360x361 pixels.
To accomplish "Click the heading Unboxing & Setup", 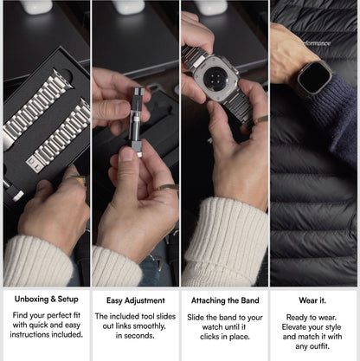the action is click(x=47, y=299).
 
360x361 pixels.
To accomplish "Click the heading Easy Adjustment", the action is click(x=136, y=300).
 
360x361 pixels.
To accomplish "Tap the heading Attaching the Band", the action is click(x=225, y=300).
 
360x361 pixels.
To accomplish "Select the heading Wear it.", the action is click(x=312, y=300).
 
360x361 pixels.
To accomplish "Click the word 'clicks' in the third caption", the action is click(x=209, y=337).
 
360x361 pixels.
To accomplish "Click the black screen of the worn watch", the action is click(x=314, y=78).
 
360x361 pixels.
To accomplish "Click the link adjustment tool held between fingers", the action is click(x=136, y=122).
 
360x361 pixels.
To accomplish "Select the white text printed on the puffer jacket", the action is click(x=317, y=43).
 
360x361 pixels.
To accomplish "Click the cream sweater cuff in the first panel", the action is click(x=37, y=261).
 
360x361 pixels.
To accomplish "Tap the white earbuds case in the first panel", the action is click(x=35, y=6).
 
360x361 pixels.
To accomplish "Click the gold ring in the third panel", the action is click(x=261, y=119).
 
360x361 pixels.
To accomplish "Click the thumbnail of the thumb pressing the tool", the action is click(x=126, y=154).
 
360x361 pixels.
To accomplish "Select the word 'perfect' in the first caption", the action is click(x=57, y=315).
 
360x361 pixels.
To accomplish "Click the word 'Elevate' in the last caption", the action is click(x=292, y=327).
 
